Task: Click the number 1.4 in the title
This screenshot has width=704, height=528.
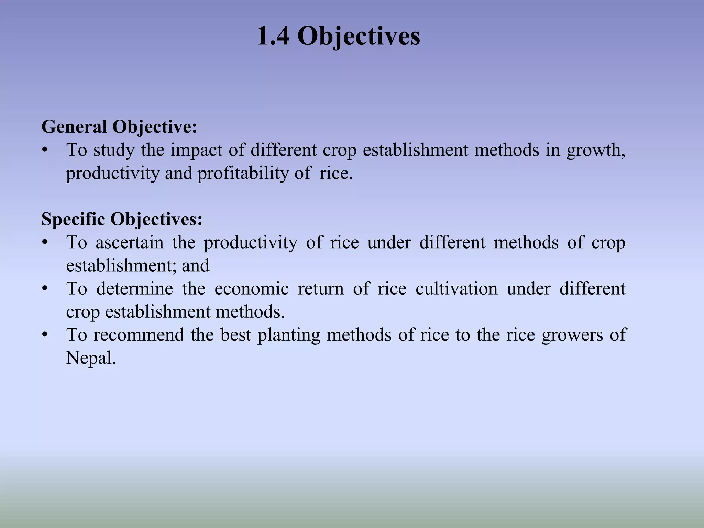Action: pyautogui.click(x=273, y=36)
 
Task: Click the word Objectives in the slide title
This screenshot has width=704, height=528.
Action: pyautogui.click(x=359, y=36)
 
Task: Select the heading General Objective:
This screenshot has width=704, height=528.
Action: pyautogui.click(x=119, y=127)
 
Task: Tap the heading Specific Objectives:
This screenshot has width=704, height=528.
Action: pyautogui.click(x=122, y=219)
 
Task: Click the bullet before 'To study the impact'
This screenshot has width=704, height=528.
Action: pyautogui.click(x=44, y=151)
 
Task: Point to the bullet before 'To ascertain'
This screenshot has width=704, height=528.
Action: pyautogui.click(x=44, y=243)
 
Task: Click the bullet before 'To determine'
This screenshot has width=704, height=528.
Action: pyautogui.click(x=44, y=289)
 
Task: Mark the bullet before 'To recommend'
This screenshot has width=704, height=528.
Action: pyautogui.click(x=44, y=335)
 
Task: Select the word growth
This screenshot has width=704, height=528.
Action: pyautogui.click(x=596, y=151)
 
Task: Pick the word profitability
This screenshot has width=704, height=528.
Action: pyautogui.click(x=243, y=173)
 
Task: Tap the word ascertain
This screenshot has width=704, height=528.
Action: pyautogui.click(x=130, y=242)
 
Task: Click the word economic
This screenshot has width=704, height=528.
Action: pyautogui.click(x=252, y=288)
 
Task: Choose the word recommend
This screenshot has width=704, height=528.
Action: pyautogui.click(x=139, y=335)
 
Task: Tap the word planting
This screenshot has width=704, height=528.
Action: pyautogui.click(x=289, y=335)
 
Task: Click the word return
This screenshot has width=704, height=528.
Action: pyautogui.click(x=321, y=288)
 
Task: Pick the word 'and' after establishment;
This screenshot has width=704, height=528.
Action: pyautogui.click(x=196, y=265)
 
